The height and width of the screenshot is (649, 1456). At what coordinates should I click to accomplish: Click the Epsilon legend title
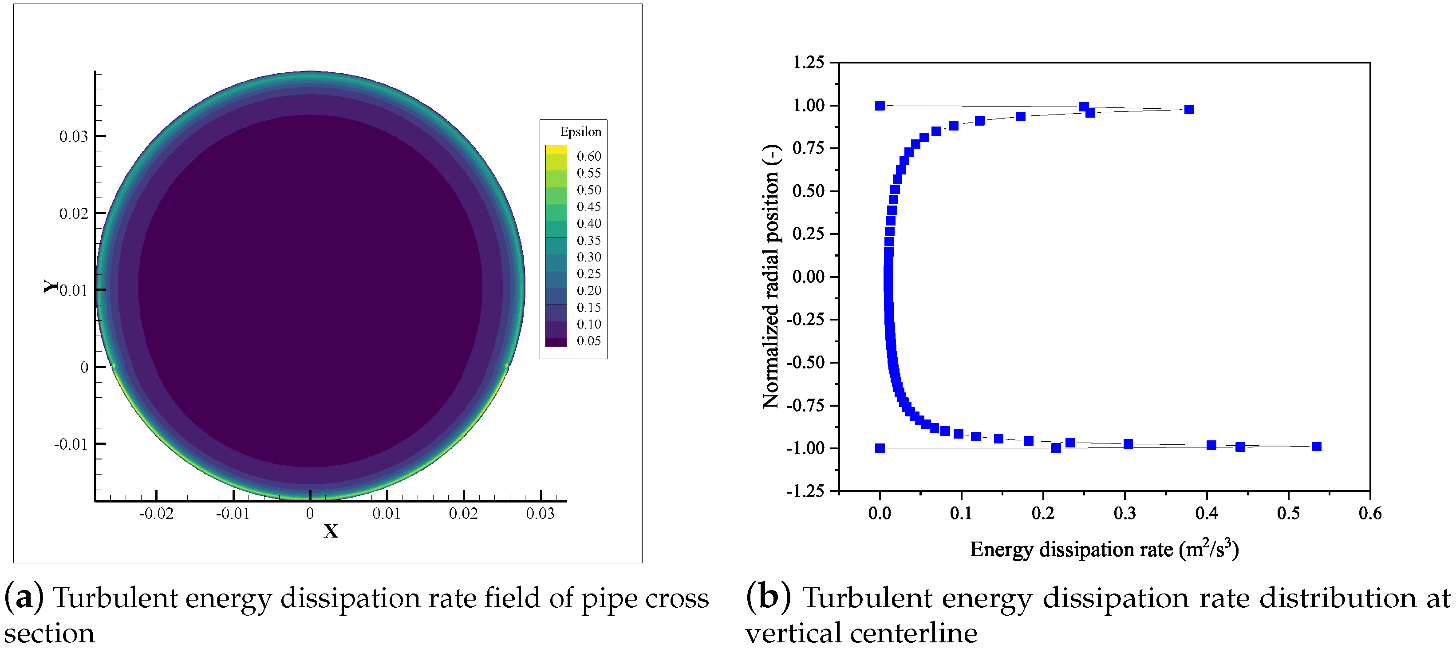coord(580,132)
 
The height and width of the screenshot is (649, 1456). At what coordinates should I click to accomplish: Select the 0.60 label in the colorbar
coord(588,156)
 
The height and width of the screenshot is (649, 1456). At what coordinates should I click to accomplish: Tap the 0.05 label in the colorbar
coord(588,341)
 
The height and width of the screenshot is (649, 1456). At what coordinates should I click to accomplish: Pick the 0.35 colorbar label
coord(588,240)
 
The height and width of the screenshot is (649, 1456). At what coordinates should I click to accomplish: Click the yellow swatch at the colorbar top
coord(556,149)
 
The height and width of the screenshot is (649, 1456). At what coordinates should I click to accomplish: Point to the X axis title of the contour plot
coord(331,531)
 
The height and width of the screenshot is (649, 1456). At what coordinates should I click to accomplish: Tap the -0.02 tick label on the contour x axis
coord(156,514)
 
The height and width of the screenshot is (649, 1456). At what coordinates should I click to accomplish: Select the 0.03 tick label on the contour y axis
coord(74,136)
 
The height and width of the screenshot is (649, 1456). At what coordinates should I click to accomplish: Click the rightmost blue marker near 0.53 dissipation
coord(1316,447)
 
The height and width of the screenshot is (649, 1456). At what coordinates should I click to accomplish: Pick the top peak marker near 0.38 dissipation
coord(1189,110)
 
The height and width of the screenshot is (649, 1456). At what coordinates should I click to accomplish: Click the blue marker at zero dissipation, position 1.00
coord(880,106)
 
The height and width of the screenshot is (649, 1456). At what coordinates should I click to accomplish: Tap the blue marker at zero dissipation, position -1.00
coord(880,448)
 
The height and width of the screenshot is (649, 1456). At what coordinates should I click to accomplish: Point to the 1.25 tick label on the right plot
coord(808,62)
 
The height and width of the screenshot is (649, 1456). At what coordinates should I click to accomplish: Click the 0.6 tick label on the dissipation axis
coord(1370,514)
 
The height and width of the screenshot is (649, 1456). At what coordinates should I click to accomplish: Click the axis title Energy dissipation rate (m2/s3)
coord(1104,550)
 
